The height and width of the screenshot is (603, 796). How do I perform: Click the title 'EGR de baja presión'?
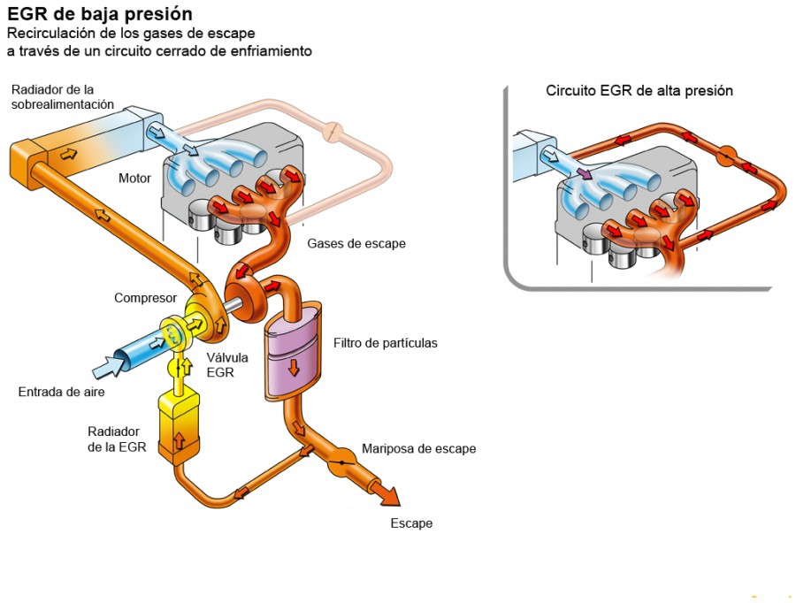coord(99,15)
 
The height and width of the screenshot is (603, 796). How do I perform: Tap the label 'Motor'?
coord(134,179)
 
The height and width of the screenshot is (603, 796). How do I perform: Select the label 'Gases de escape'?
coord(356,244)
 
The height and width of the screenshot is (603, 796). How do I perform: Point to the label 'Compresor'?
coord(146,298)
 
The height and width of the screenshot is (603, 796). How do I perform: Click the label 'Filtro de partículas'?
coord(386,343)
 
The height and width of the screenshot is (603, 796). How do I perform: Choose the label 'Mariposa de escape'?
coord(418,448)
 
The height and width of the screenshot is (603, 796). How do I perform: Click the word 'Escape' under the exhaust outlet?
coord(411,523)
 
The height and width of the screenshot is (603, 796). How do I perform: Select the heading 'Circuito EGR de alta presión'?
coord(639,91)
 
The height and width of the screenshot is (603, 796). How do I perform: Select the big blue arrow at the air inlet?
coord(110,363)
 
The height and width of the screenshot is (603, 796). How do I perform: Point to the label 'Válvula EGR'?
coord(227,365)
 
